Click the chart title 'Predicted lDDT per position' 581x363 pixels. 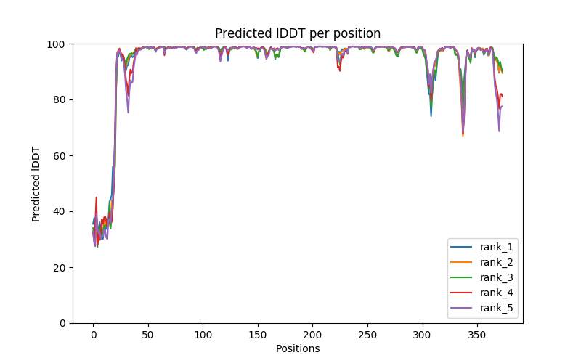(298, 33)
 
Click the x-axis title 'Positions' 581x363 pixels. (298, 348)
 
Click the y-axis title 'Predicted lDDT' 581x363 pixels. (36, 184)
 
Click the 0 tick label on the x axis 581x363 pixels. (93, 334)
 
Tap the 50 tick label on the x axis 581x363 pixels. (147, 334)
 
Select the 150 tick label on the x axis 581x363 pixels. (257, 334)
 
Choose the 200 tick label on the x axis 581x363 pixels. (312, 334)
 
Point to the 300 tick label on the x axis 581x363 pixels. (422, 334)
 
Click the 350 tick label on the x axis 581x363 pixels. (476, 334)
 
